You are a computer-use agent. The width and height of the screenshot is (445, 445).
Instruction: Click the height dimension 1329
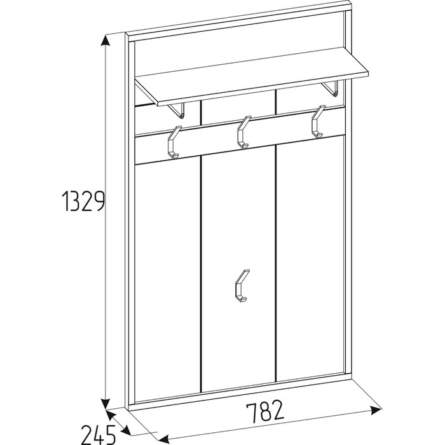coord(83,201)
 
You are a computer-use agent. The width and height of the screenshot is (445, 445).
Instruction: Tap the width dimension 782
coord(264,411)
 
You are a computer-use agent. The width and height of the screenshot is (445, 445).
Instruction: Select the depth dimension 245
coord(98,434)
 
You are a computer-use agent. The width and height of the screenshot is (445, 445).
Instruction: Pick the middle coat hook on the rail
coord(243,132)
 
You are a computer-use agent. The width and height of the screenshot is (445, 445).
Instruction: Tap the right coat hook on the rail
coord(318,121)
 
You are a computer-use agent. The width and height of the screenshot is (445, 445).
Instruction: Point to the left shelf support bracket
coord(177,110)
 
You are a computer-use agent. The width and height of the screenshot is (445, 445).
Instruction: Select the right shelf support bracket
coord(331,88)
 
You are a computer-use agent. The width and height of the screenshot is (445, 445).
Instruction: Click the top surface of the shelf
coord(251,76)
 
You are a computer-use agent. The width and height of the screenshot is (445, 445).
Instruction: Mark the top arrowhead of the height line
coord(106,41)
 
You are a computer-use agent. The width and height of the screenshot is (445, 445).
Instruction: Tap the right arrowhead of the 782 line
coord(375,410)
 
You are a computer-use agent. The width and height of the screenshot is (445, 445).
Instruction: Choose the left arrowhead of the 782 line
coord(163,438)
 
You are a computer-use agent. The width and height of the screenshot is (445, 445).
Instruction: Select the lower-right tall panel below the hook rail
coord(310,258)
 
